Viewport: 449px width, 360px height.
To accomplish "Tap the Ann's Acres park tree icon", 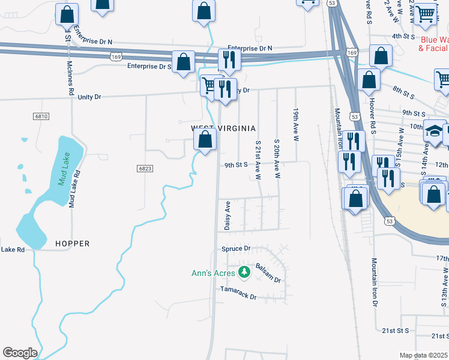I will point(244,273).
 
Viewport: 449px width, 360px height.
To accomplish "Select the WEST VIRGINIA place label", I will point(223,128).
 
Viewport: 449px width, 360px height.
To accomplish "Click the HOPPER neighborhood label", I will point(72,244).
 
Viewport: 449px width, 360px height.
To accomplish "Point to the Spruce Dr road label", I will point(236,248).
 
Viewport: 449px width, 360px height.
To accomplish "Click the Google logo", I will point(20,353).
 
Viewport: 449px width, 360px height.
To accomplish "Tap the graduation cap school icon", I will point(434,130).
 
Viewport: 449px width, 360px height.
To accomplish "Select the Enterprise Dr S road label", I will point(149,67).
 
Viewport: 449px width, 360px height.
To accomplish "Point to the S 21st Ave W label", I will point(258,160).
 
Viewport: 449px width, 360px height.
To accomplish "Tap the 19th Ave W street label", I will point(295,125).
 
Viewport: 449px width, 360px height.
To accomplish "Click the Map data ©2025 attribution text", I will point(423,355).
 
